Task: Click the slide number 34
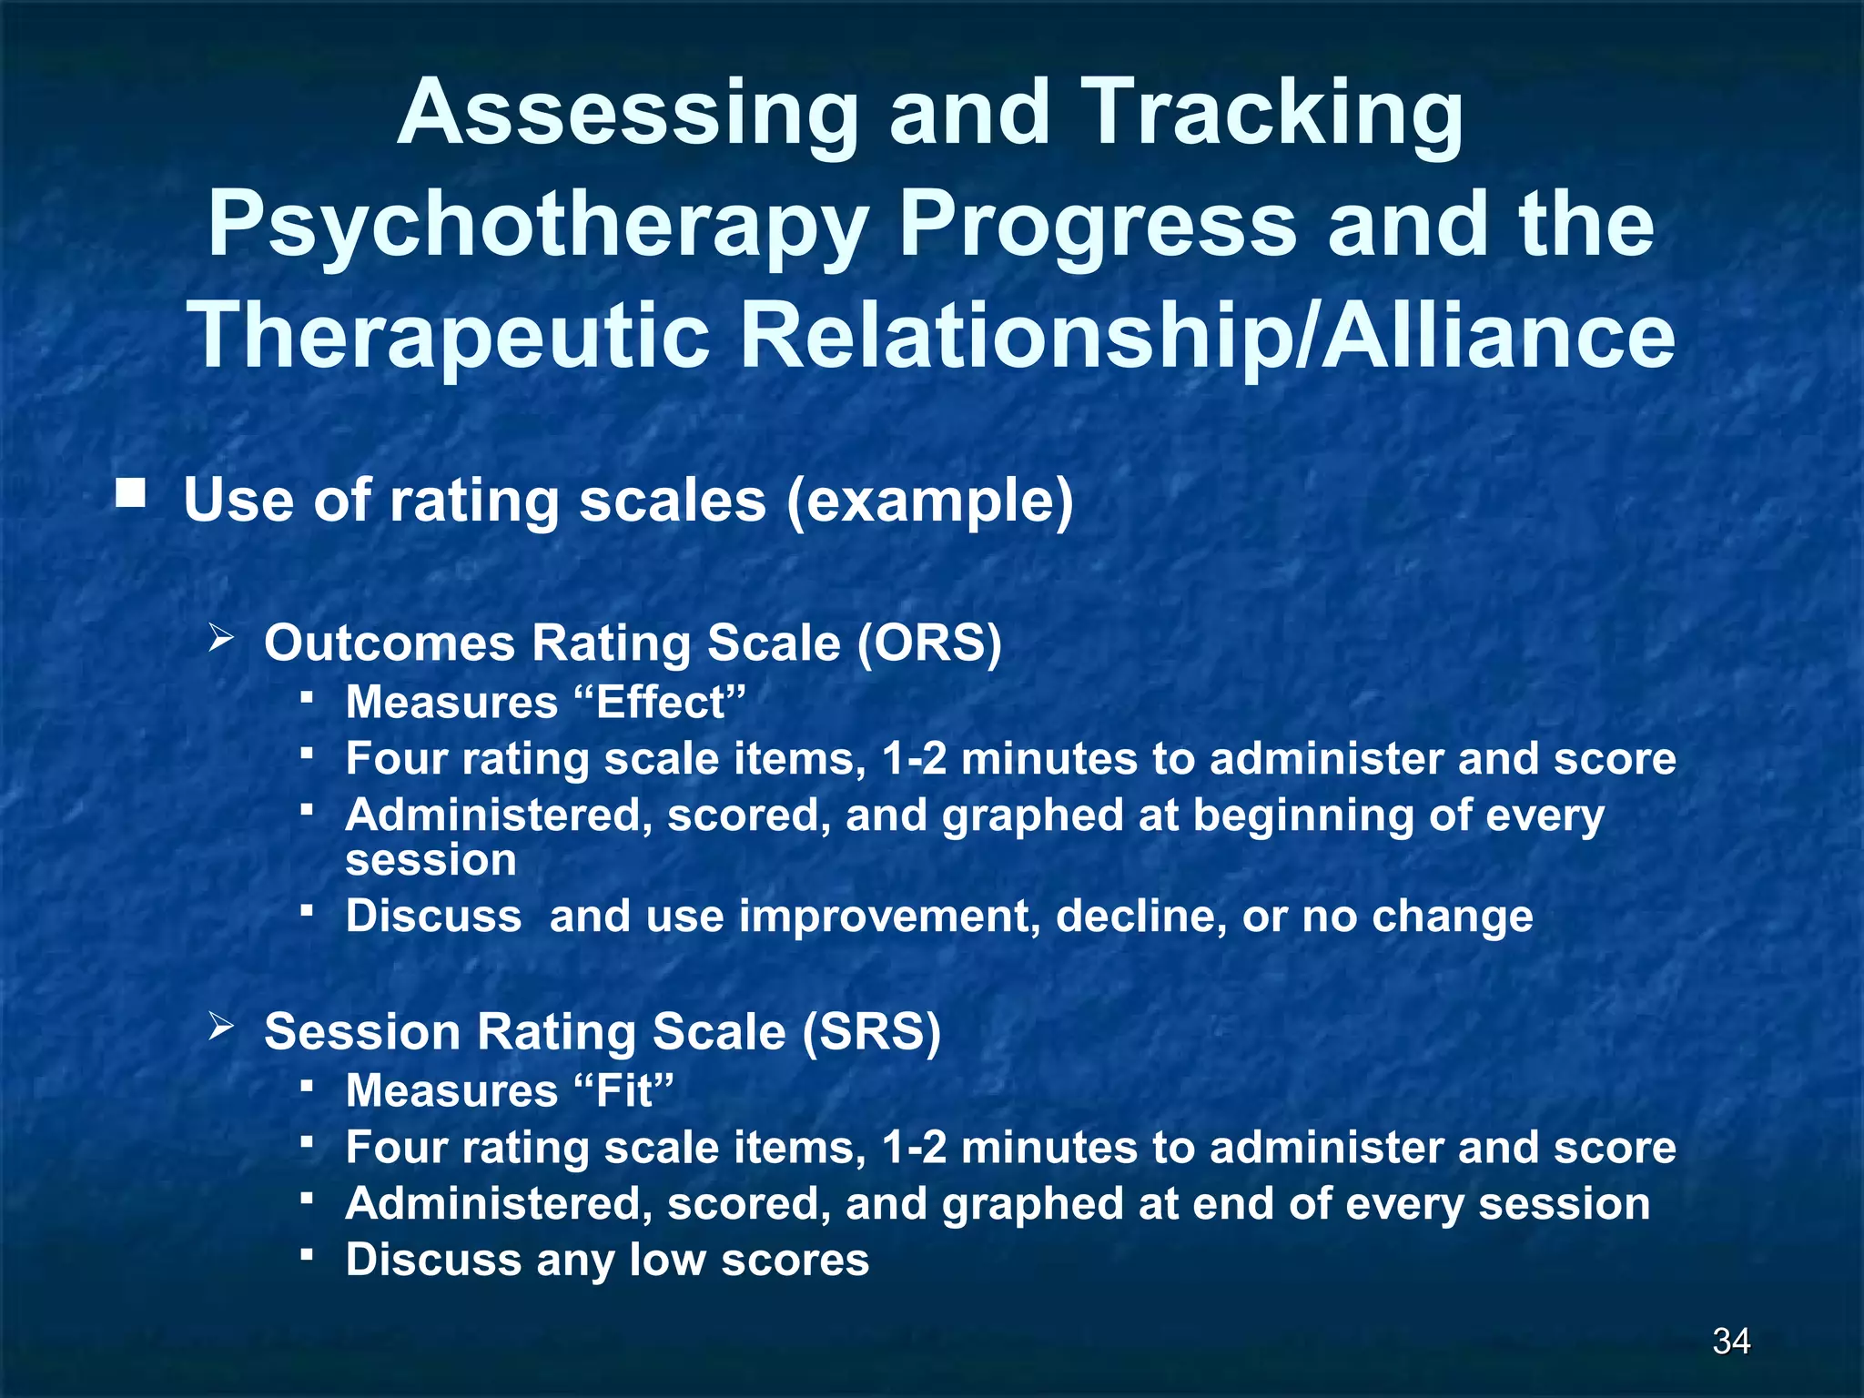pos(1731,1341)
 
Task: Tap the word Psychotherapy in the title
pos(537,226)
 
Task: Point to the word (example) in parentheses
pos(929,501)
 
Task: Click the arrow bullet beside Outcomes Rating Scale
pos(221,637)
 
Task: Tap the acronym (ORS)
pos(928,643)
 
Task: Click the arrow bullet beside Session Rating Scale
pos(221,1027)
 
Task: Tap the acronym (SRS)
pos(871,1032)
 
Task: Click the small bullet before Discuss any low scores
pos(307,1255)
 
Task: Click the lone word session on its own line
pos(431,860)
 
